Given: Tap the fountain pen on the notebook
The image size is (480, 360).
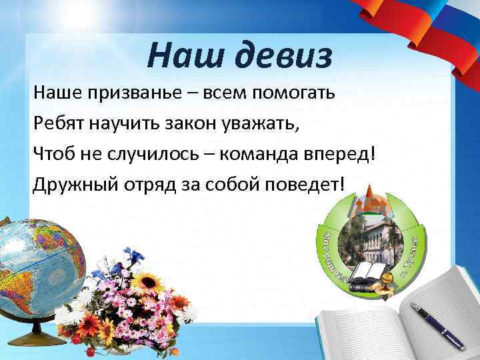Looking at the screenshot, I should [436, 325].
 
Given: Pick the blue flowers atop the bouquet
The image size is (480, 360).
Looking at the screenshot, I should [137, 257].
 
